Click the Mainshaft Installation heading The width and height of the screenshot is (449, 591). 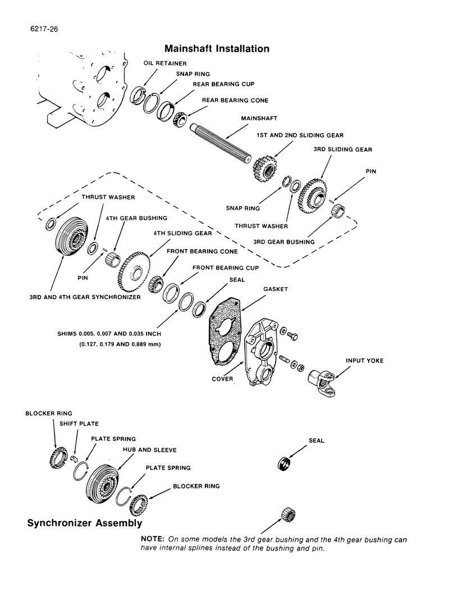217,49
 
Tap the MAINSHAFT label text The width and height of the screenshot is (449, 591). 259,119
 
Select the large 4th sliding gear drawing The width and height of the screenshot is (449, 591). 132,273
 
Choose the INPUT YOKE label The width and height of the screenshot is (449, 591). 365,361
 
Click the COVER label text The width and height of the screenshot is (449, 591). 222,379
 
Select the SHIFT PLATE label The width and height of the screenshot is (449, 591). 75,424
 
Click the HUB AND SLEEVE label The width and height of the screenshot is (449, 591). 150,450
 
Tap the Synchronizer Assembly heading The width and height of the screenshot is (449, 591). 85,524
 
